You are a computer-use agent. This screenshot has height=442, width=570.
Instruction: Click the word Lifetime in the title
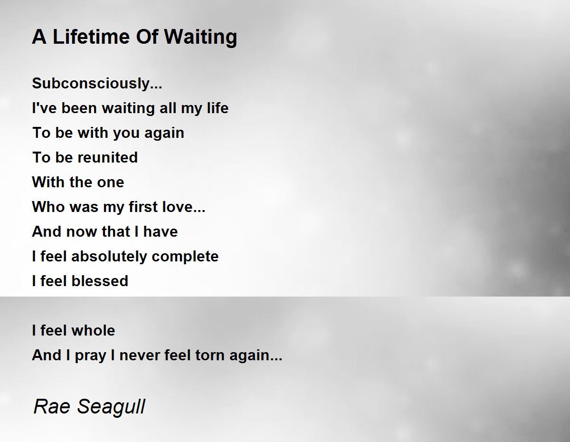coord(91,37)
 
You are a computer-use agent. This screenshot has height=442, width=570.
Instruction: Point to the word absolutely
coord(109,257)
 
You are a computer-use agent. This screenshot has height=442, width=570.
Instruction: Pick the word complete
coord(185,257)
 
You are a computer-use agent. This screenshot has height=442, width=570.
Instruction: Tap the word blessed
coord(100,281)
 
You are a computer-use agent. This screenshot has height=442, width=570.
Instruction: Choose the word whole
coord(94,330)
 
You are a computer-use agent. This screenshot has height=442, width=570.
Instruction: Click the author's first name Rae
coord(52,406)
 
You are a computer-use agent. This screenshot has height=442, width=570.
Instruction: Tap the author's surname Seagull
coord(111,407)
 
